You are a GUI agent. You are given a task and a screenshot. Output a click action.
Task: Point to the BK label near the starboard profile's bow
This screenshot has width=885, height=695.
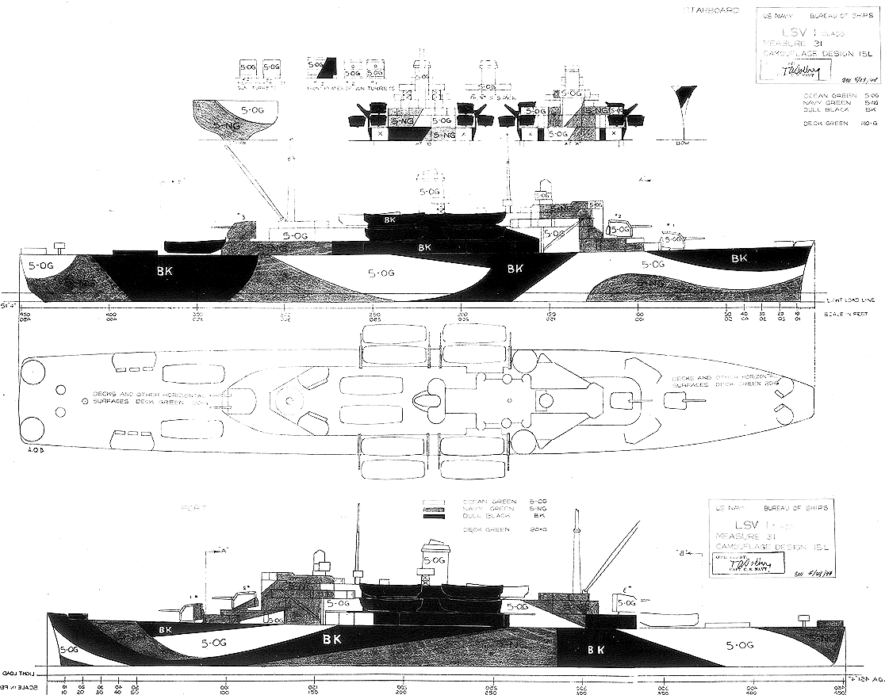tap(739, 258)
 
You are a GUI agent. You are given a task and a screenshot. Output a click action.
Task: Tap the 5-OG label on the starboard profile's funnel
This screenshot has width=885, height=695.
tap(429, 191)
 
